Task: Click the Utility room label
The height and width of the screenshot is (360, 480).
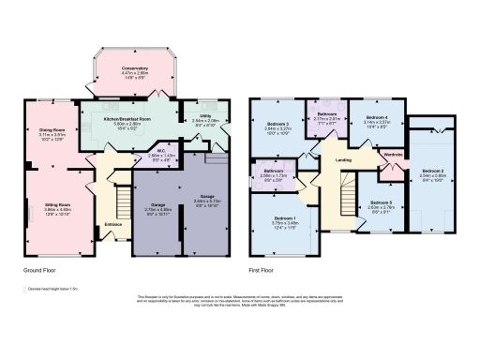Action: coord(204,116)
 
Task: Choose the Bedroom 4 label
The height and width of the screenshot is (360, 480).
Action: coord(374,117)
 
